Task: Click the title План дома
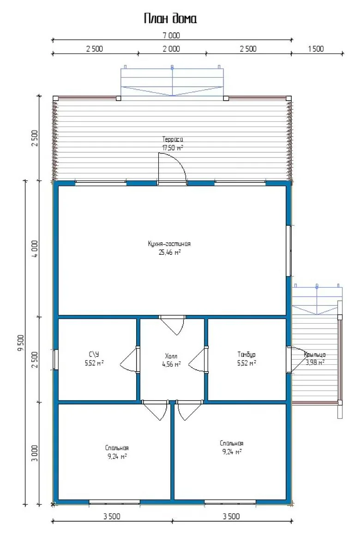point(170,18)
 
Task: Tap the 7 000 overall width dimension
point(171,36)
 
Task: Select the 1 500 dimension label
point(316,49)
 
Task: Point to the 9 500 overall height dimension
point(21,343)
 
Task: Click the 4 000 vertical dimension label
point(36,248)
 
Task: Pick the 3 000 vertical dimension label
point(36,453)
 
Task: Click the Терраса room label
point(173,139)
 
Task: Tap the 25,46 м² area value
point(169,252)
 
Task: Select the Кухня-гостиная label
point(169,244)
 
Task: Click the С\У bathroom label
point(94,355)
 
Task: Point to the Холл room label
point(171,356)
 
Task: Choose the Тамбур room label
point(246,355)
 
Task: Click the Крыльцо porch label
point(315,355)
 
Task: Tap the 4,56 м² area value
point(171,364)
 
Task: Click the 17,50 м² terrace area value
point(173,148)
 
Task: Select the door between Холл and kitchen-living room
point(172,325)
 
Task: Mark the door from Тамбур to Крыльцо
point(297,360)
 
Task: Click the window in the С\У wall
point(56,360)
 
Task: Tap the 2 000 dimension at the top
point(171,49)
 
